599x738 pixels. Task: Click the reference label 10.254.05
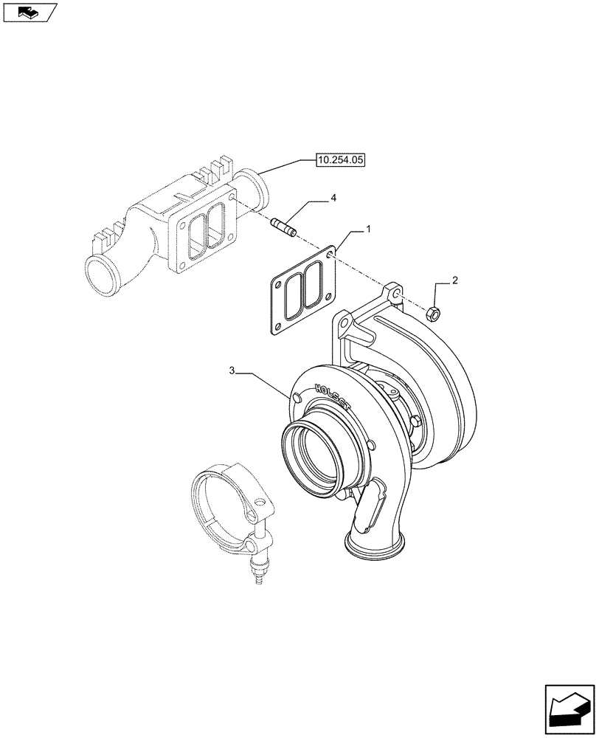(342, 159)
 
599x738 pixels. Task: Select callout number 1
(367, 231)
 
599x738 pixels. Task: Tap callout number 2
(455, 280)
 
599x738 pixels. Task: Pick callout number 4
(333, 199)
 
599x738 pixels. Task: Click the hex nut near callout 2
(434, 314)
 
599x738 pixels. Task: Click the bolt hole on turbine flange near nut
(396, 294)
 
